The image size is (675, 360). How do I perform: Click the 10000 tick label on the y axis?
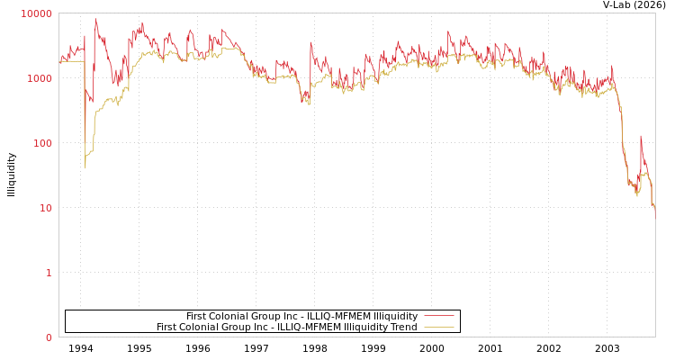pyautogui.click(x=37, y=13)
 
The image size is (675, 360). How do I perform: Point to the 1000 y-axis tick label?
pyautogui.click(x=40, y=78)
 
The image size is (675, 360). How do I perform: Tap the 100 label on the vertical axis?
pyautogui.click(x=42, y=143)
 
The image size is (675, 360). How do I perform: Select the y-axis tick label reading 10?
pyautogui.click(x=45, y=208)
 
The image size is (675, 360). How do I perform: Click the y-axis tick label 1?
pyautogui.click(x=49, y=273)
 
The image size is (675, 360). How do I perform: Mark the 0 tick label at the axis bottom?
pyautogui.click(x=49, y=337)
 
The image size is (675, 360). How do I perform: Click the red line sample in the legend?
pyautogui.click(x=438, y=316)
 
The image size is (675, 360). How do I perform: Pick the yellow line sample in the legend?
pyautogui.click(x=438, y=328)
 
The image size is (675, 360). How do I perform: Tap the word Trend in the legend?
pyautogui.click(x=402, y=328)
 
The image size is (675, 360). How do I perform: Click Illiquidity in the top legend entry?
pyautogui.click(x=395, y=316)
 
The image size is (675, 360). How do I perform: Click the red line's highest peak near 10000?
pyautogui.click(x=96, y=19)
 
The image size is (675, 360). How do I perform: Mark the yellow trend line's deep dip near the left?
pyautogui.click(x=85, y=166)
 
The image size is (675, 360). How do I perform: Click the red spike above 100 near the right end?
pyautogui.click(x=641, y=137)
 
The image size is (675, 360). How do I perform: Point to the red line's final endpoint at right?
pyautogui.click(x=655, y=217)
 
